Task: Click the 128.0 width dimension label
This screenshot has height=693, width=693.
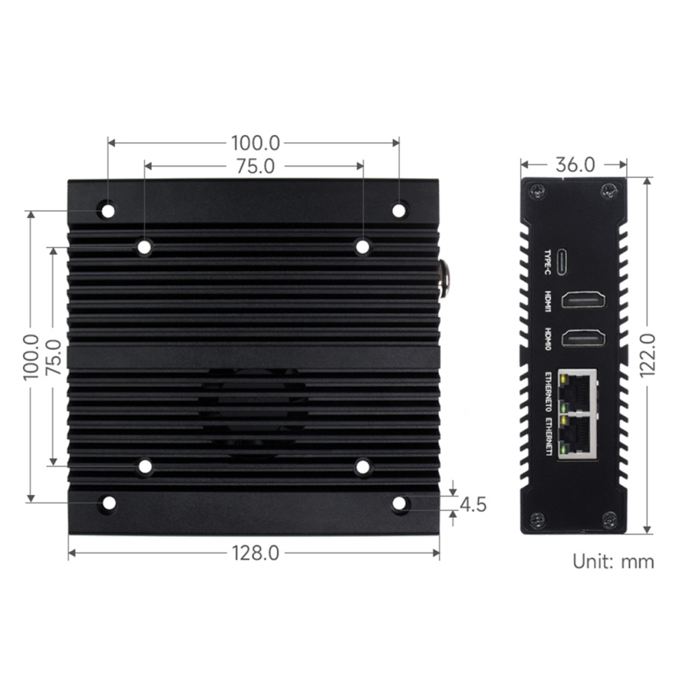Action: point(255,553)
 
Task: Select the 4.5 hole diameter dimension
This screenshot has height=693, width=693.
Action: point(473,504)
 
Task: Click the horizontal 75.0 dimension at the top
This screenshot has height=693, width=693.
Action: point(255,166)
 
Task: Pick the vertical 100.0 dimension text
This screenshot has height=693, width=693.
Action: point(31,356)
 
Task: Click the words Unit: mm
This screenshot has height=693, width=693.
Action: point(613,561)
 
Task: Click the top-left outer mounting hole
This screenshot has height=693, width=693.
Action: point(108,210)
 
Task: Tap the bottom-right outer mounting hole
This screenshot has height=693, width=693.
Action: point(399,503)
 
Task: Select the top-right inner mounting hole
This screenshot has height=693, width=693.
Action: point(362,246)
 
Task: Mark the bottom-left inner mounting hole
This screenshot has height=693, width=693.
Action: point(145,465)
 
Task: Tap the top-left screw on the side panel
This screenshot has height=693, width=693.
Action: point(537,190)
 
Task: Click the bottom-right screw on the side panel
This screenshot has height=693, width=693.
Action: point(608,519)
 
